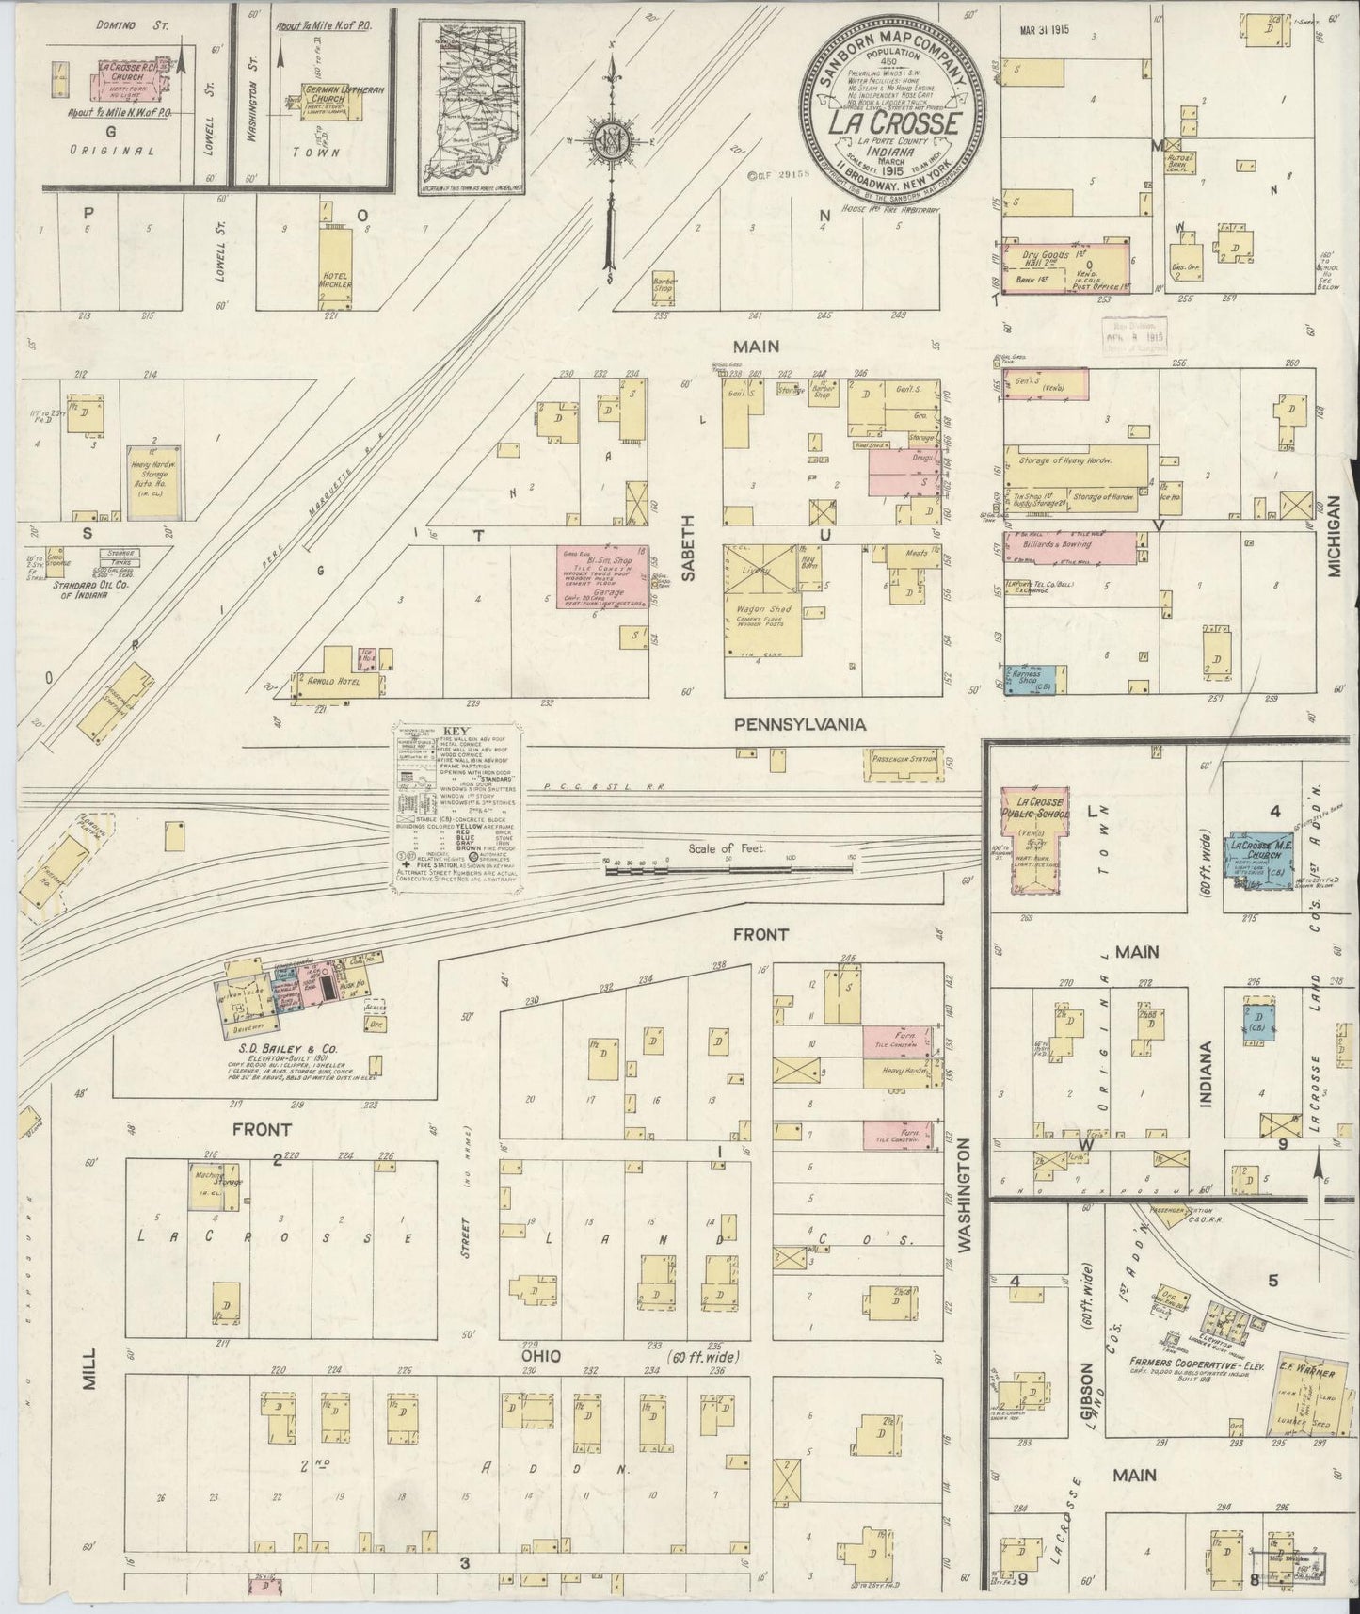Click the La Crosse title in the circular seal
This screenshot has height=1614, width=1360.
tap(893, 124)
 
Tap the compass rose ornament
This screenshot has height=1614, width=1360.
tap(611, 141)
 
